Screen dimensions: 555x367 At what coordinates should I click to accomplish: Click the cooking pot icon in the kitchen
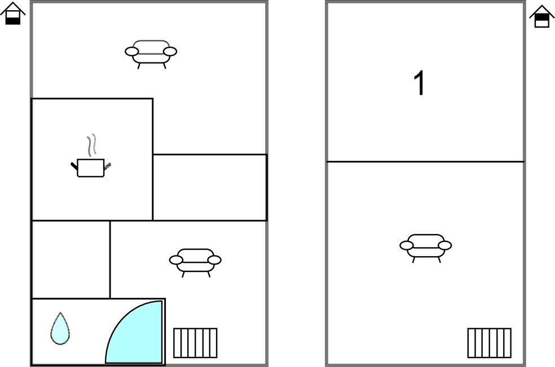(x=91, y=168)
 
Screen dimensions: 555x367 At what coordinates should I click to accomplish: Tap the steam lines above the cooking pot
(x=92, y=145)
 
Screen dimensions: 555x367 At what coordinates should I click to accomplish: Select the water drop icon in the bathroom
(x=60, y=329)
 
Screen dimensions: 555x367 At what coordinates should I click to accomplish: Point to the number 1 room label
(x=419, y=83)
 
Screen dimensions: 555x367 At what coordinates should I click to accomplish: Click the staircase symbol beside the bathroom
(x=195, y=343)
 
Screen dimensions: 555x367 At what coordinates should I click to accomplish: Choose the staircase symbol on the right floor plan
(x=489, y=343)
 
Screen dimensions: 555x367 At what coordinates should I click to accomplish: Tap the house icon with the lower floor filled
(x=13, y=14)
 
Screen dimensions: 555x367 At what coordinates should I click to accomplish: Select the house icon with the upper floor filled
(x=541, y=16)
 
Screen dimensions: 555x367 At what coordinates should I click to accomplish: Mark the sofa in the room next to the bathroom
(x=195, y=262)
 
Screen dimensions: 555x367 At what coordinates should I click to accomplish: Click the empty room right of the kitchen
(x=210, y=187)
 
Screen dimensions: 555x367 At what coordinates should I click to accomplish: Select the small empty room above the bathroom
(x=71, y=259)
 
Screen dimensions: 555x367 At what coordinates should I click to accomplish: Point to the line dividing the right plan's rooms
(x=425, y=162)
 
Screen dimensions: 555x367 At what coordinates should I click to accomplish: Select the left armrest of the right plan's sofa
(x=406, y=245)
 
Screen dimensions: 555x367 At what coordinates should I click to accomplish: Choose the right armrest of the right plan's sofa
(x=445, y=245)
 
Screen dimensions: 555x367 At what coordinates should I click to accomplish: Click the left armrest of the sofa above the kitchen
(x=131, y=52)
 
